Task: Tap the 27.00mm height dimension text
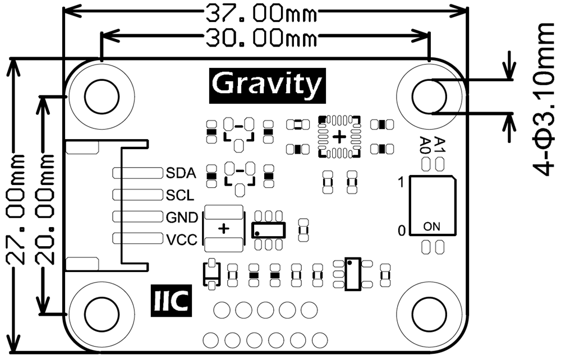click(x=16, y=209)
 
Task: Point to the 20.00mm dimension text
click(x=44, y=209)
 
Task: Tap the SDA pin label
click(x=181, y=173)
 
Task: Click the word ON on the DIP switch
click(x=432, y=227)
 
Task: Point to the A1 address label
click(x=440, y=144)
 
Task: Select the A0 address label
click(x=426, y=145)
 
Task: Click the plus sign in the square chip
click(x=339, y=136)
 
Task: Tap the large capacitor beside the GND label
click(x=224, y=228)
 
